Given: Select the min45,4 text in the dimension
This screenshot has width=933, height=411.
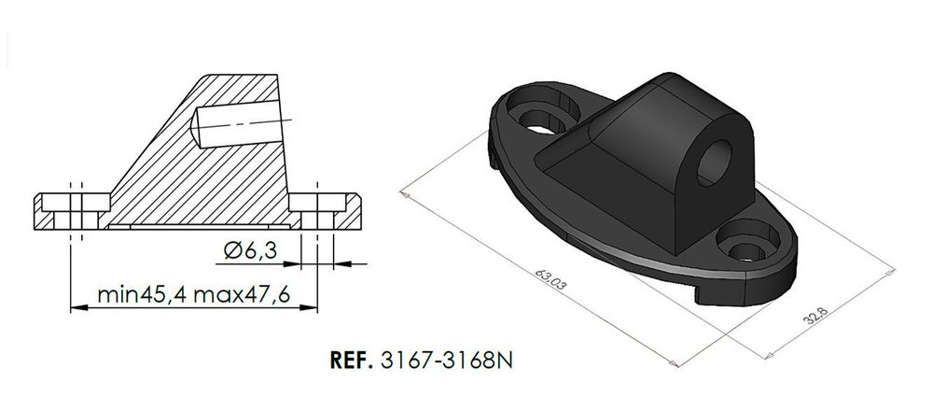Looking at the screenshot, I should (x=141, y=295).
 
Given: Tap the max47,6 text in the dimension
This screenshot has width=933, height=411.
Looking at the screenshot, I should (x=244, y=295).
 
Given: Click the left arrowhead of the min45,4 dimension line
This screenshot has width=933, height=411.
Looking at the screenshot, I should (x=77, y=307).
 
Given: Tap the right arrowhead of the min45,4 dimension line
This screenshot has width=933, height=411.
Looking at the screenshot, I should (x=313, y=307).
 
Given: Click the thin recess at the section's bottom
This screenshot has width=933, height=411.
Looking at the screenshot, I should (x=191, y=226).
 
